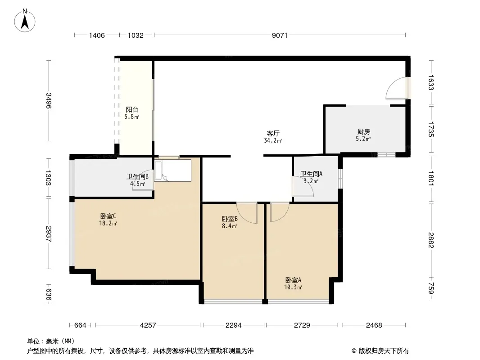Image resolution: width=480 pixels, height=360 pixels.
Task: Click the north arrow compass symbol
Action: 25,20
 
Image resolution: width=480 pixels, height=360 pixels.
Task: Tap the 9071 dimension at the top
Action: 280,36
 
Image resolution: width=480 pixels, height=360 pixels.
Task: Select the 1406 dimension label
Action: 97,36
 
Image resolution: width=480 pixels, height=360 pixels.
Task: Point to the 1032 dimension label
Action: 136,36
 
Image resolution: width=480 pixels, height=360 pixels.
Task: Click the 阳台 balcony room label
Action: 132,109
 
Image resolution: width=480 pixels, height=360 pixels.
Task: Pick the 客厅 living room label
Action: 273,133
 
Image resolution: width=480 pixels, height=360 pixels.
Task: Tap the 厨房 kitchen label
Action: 364,132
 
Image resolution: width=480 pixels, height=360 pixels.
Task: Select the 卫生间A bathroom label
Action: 311,174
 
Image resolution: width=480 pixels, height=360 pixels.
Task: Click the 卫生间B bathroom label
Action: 137,176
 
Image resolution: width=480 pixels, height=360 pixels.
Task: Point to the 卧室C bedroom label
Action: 108,216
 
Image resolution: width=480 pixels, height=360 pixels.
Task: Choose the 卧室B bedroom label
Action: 230,219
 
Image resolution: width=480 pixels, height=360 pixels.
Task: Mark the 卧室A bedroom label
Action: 293,280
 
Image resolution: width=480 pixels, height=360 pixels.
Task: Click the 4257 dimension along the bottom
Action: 148,325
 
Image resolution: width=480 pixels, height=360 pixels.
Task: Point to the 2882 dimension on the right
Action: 431,240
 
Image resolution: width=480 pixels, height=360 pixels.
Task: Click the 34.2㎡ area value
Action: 273,141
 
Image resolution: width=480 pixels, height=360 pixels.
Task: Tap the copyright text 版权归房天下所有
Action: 384,351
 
